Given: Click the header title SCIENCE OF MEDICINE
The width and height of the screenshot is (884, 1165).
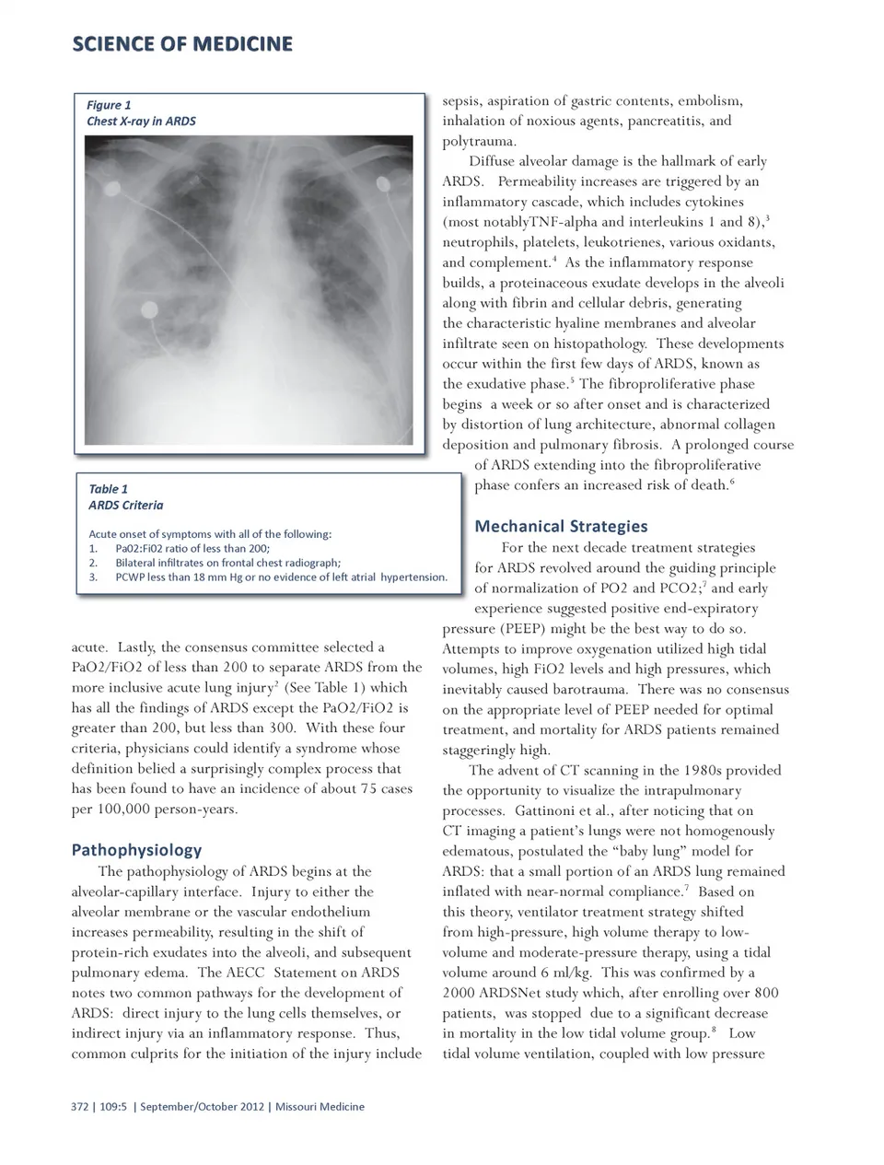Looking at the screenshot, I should (182, 44).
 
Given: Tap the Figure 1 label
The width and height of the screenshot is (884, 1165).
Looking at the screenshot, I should (109, 105).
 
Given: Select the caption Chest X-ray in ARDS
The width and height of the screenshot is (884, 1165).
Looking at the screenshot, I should (141, 121).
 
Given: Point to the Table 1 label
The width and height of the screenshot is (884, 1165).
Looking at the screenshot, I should (108, 489).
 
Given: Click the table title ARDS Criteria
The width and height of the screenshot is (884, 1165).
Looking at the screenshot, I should (125, 505).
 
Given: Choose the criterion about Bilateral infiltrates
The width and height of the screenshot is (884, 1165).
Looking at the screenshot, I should (227, 563).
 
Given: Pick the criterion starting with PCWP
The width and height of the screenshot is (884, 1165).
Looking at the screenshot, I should (281, 577).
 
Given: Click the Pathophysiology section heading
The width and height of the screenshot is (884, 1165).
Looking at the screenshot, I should (136, 850).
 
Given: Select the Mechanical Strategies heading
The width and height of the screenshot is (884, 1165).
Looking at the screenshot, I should (561, 526).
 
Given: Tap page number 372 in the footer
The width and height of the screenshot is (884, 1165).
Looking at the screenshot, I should (80, 1107).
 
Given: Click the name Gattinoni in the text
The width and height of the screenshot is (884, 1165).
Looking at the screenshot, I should (548, 810).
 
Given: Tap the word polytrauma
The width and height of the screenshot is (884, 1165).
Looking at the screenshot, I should (479, 141).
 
